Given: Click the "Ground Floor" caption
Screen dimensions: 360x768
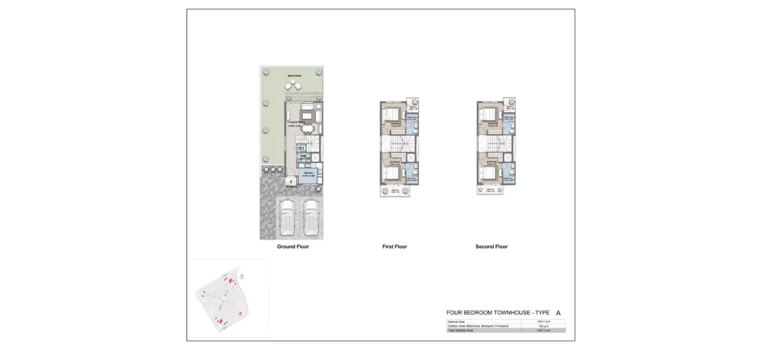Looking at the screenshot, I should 293,247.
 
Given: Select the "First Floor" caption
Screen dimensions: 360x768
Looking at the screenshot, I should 394,247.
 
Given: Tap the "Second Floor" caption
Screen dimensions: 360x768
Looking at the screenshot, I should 491,247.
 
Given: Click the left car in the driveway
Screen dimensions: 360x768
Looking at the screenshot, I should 287,217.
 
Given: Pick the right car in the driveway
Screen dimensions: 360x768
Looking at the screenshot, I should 310,217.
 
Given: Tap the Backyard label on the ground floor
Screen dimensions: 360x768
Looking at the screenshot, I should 294,76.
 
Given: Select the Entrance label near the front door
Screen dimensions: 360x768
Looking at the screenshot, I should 292,187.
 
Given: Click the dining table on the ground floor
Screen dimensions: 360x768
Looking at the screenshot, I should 308,127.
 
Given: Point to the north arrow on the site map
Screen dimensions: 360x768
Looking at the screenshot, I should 241,277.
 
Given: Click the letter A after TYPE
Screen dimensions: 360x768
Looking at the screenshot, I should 558,313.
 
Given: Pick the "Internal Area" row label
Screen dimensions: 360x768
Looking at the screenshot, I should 457,322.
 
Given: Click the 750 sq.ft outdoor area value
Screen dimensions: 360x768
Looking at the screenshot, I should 544,326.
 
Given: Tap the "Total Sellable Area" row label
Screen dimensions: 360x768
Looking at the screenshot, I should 461,331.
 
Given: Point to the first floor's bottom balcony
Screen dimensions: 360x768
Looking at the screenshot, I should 395,191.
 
